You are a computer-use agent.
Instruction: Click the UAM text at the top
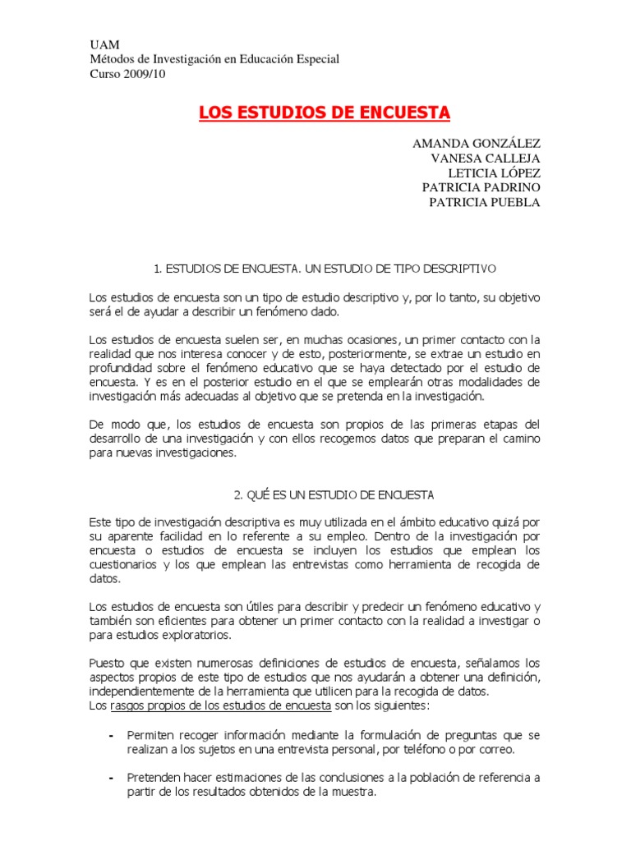click(102, 44)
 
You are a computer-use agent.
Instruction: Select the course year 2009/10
click(145, 74)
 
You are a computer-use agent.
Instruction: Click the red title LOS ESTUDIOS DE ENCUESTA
click(325, 112)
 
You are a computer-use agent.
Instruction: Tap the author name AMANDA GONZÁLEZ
click(477, 144)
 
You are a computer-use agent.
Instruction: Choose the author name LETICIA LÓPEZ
click(494, 173)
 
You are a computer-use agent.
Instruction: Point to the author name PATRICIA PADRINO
click(481, 188)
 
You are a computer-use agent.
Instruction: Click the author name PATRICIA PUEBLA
click(485, 203)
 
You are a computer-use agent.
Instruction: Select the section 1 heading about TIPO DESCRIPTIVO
click(325, 269)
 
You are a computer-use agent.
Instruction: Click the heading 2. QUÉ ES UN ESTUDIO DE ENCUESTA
click(334, 495)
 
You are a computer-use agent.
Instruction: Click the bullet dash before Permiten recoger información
click(111, 734)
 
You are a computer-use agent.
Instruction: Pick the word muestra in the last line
click(356, 793)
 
